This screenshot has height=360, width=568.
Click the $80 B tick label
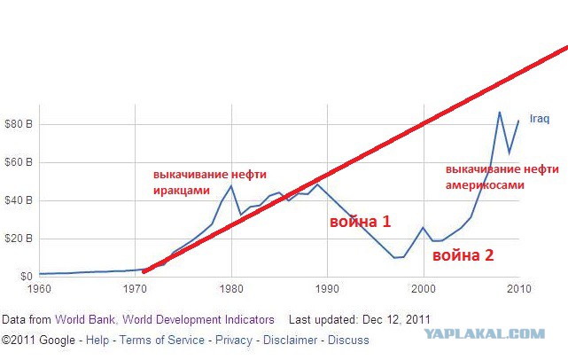[x=19, y=124]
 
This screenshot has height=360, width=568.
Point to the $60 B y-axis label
[x=19, y=162]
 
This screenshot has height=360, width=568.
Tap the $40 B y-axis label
[x=19, y=200]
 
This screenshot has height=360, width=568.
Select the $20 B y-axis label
[x=19, y=239]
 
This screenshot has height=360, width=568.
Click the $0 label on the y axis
[x=26, y=277]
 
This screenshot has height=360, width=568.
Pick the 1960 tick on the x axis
[x=39, y=289]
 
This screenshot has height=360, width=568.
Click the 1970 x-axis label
[x=135, y=289]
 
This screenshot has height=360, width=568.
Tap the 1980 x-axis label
[x=231, y=289]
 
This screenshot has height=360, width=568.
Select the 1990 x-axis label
[x=327, y=289]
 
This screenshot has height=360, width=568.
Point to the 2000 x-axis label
[x=423, y=289]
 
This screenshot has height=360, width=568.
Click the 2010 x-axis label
[x=519, y=289]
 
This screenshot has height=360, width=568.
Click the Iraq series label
[x=540, y=119]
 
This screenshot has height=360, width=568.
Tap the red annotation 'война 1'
[x=361, y=222]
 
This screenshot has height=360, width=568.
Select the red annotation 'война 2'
[x=463, y=255]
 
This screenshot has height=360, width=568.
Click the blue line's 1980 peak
[x=231, y=185]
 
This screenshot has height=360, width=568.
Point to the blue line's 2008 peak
[x=500, y=112]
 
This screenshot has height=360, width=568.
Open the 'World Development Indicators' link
[x=198, y=320]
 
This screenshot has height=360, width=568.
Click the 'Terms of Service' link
[x=162, y=340]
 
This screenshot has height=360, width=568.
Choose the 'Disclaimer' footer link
[x=290, y=340]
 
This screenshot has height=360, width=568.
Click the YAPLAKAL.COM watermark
[x=485, y=333]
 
